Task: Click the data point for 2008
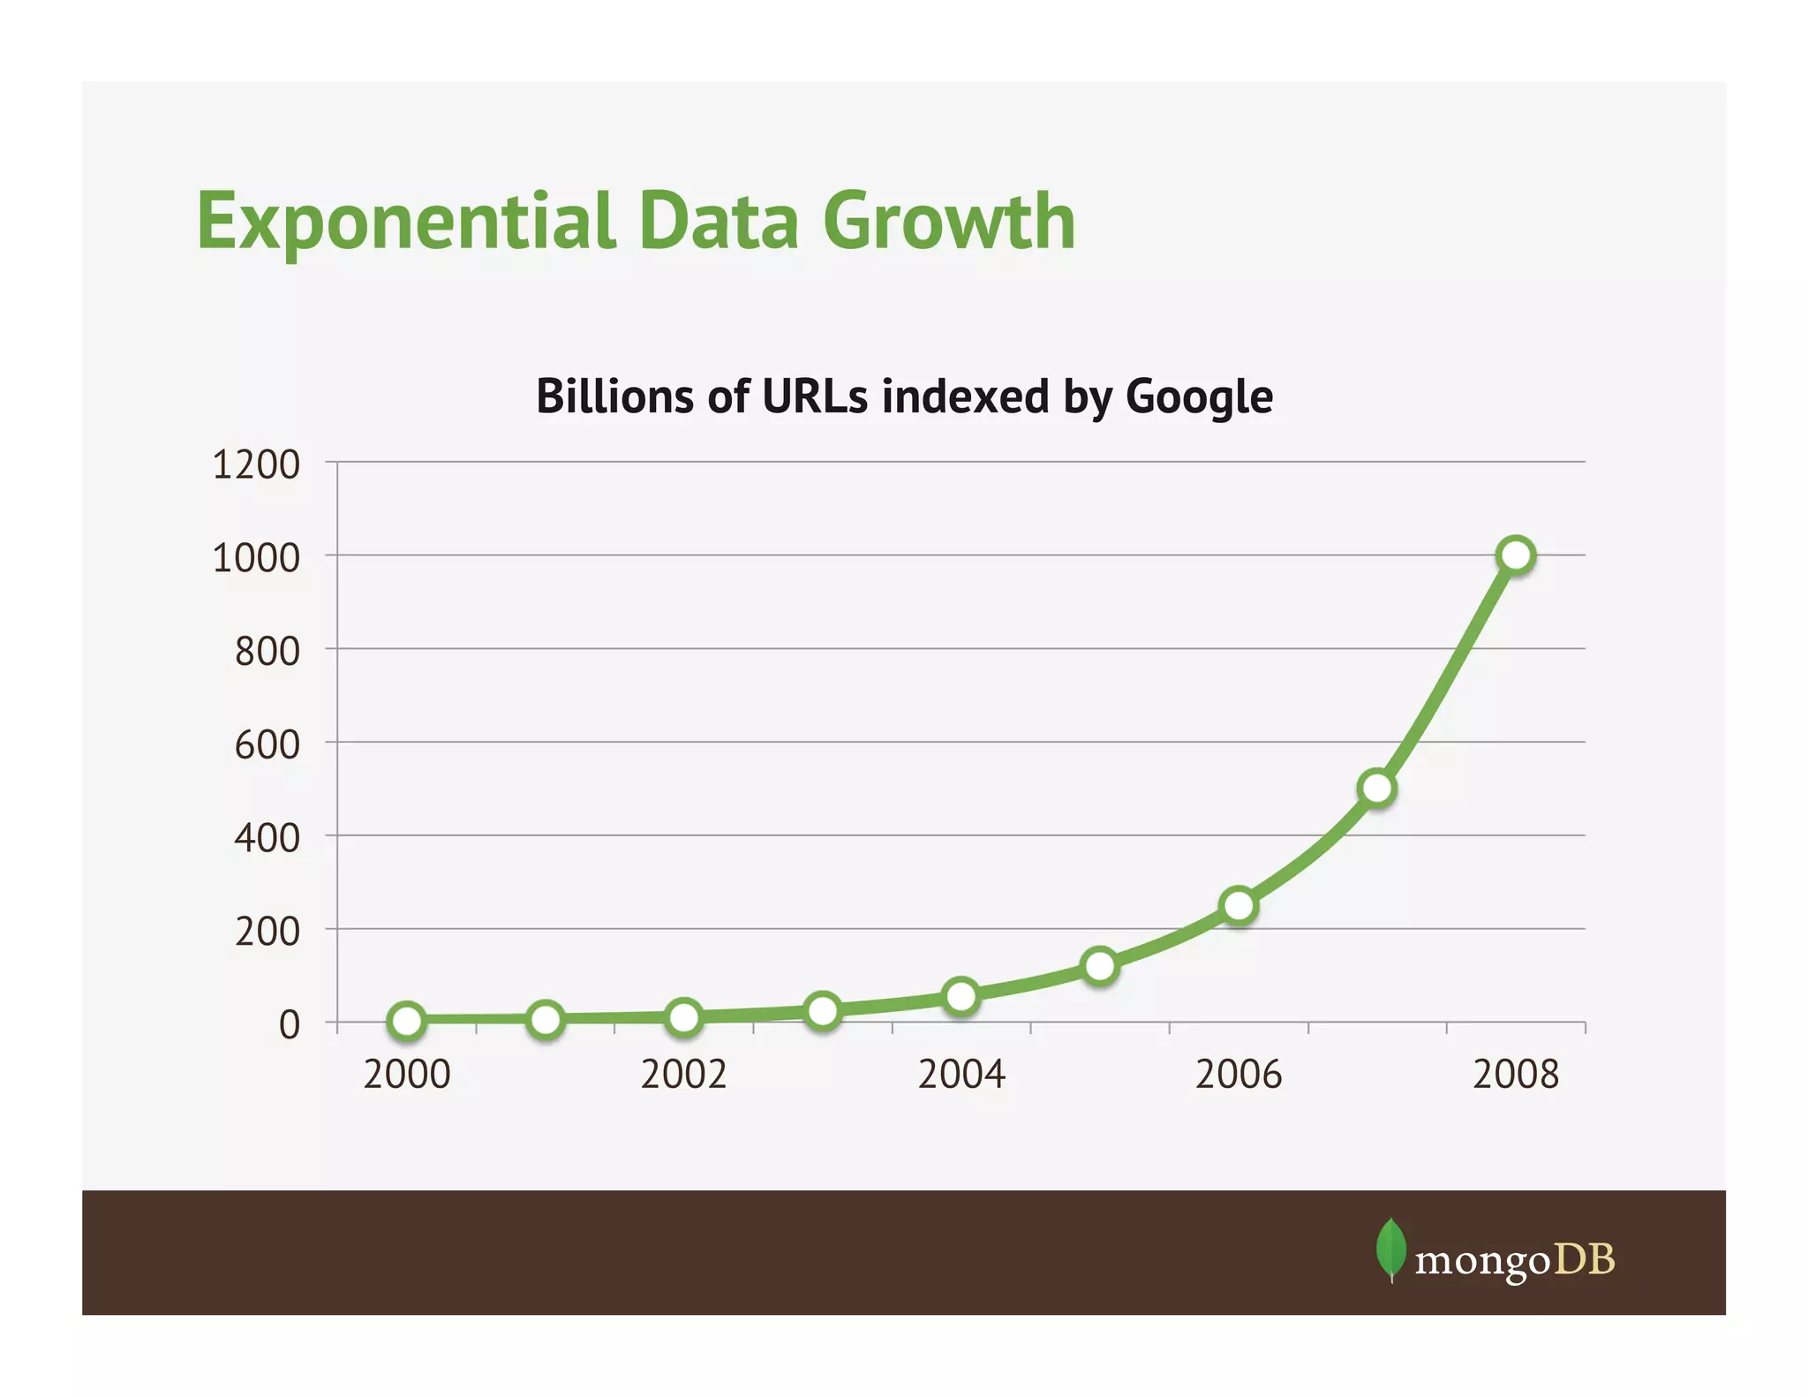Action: click(x=1516, y=555)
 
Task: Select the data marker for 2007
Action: click(x=1377, y=788)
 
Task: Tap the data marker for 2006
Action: click(x=1239, y=905)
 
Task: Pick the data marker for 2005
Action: click(x=1100, y=965)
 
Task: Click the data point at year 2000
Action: click(x=407, y=1021)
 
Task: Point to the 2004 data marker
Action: click(x=960, y=996)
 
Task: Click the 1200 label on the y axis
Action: click(x=256, y=464)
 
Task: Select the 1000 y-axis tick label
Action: click(x=256, y=558)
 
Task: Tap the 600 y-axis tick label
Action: click(x=267, y=744)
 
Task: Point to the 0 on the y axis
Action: click(x=290, y=1025)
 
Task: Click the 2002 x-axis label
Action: click(x=683, y=1075)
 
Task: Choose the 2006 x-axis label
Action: click(x=1239, y=1075)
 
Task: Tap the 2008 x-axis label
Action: click(x=1516, y=1075)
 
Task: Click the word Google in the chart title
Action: click(x=1199, y=396)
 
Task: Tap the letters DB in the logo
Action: click(x=1585, y=1259)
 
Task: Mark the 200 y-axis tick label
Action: click(x=267, y=932)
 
